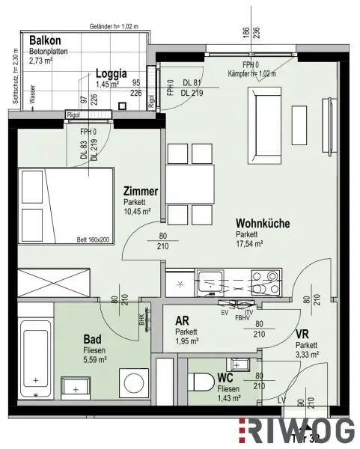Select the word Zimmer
click(141, 192)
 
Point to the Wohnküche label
click(263, 223)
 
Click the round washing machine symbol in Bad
click(128, 378)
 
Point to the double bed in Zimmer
click(60, 203)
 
